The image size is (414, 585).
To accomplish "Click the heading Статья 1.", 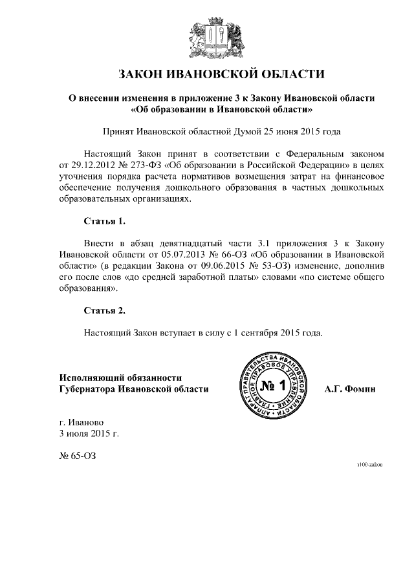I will (x=105, y=222).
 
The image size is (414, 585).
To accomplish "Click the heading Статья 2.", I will (x=105, y=310).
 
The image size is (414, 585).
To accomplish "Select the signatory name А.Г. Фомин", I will (x=350, y=388).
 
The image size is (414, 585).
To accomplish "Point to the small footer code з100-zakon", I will (x=369, y=465).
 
